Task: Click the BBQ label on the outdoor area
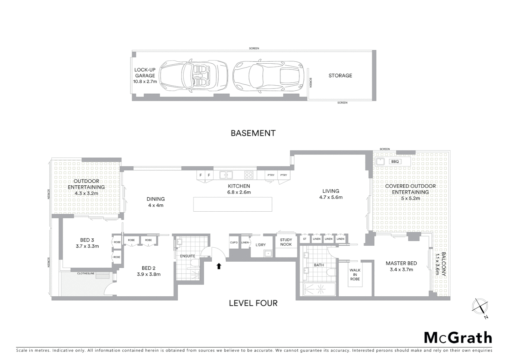(395, 162)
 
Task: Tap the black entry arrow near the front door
(219, 266)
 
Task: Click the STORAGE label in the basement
(340, 76)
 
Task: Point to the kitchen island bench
(233, 204)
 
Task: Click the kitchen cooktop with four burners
(249, 175)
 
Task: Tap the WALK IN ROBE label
(355, 275)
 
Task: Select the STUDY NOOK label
(286, 242)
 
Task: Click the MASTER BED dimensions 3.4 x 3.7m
(401, 270)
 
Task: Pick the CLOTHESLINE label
(86, 273)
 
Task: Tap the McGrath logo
(458, 338)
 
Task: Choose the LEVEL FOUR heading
(253, 303)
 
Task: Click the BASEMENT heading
(253, 133)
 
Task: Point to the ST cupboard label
(304, 239)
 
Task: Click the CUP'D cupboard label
(234, 242)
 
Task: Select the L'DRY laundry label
(260, 245)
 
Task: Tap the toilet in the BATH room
(331, 272)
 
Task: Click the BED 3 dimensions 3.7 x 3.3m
(87, 246)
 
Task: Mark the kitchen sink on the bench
(226, 175)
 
